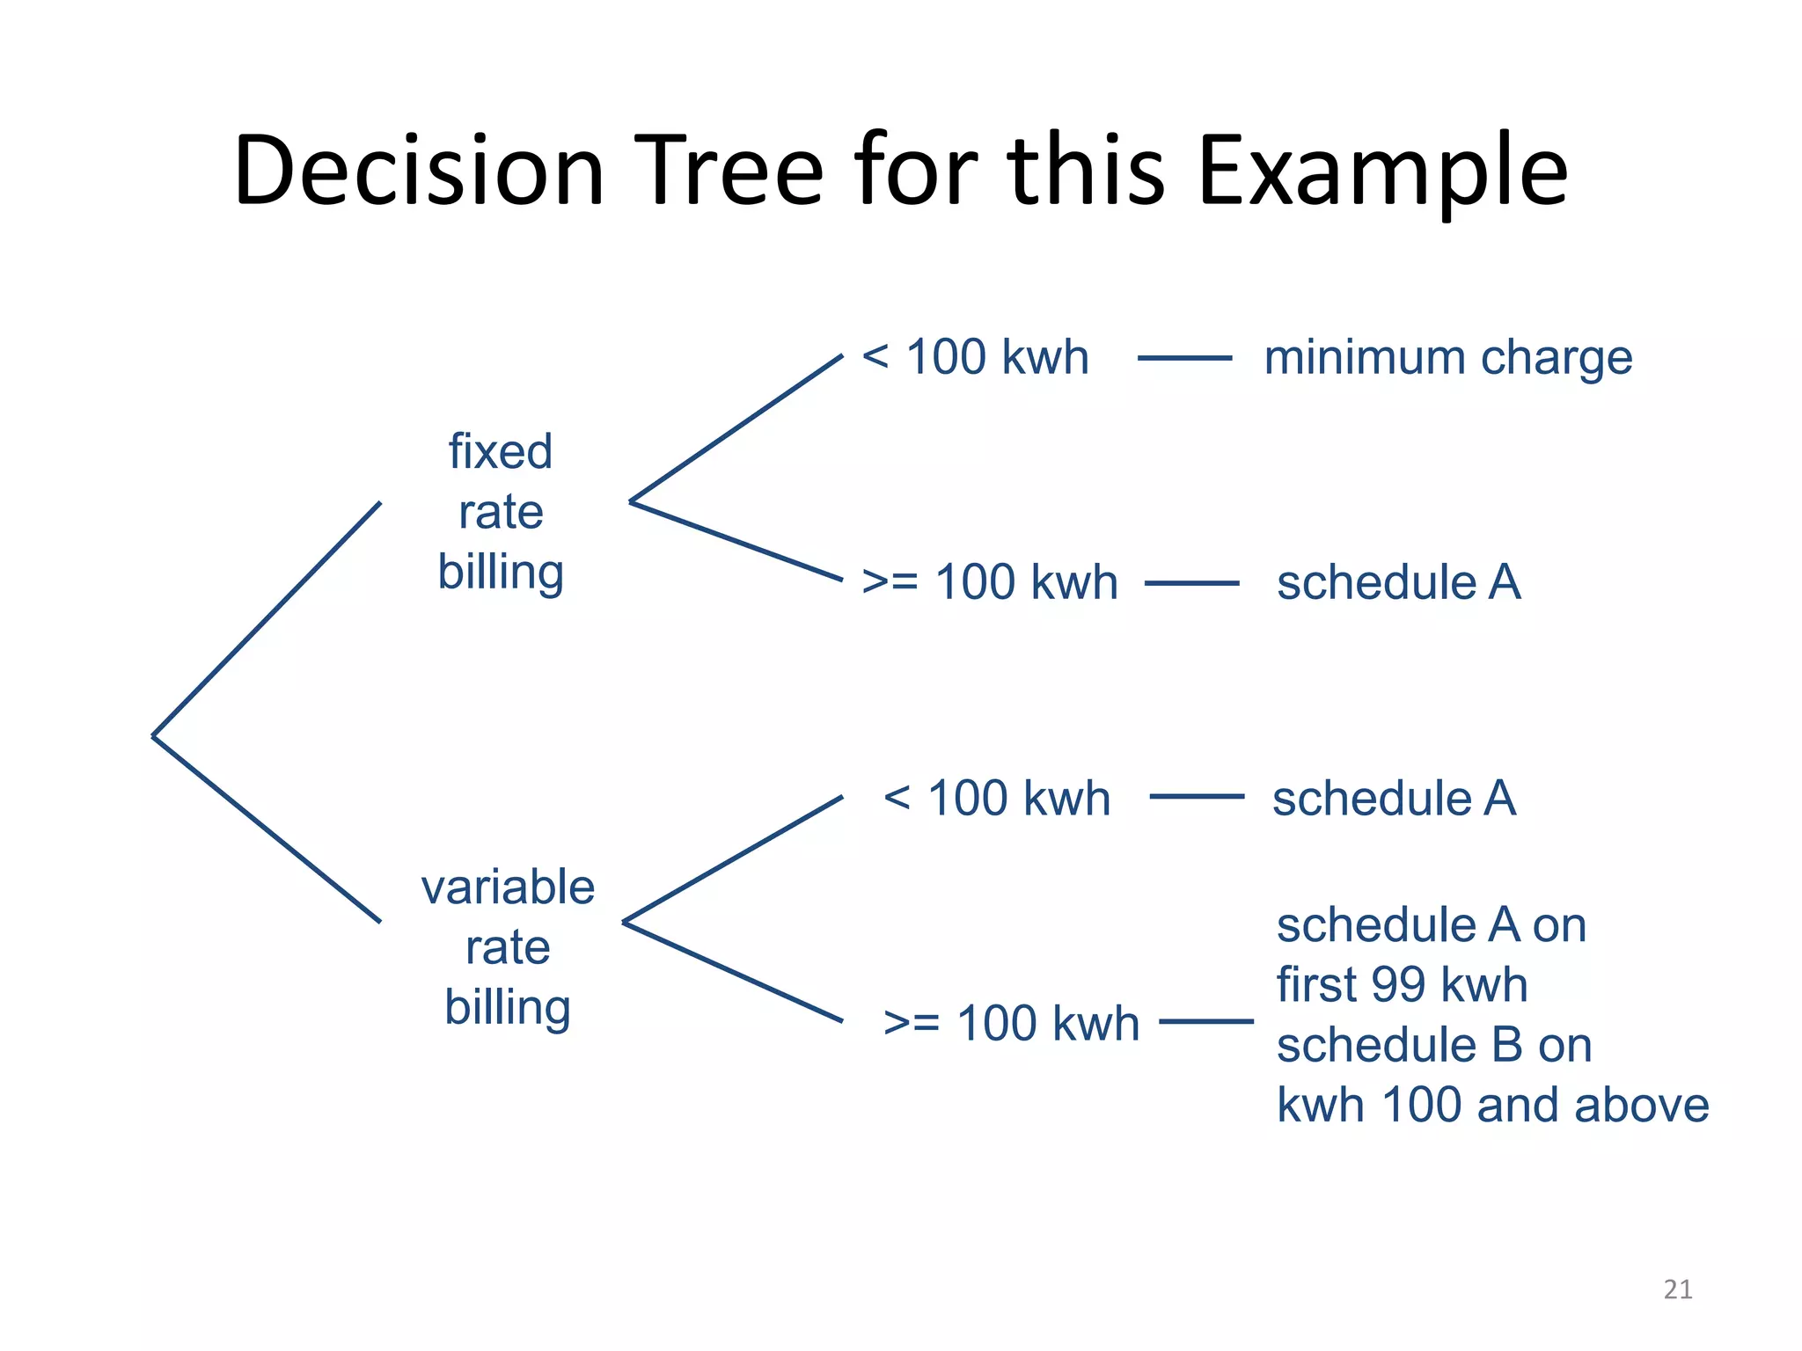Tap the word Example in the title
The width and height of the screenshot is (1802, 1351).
[x=1381, y=172]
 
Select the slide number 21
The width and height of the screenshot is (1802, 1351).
[x=1678, y=1289]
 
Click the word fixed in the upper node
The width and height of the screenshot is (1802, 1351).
[x=501, y=452]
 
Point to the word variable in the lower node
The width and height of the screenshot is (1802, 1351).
[x=508, y=887]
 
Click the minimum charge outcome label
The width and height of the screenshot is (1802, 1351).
[x=1448, y=358]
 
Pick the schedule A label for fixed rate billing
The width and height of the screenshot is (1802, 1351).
[x=1399, y=582]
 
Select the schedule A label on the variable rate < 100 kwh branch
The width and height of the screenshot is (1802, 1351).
[x=1395, y=799]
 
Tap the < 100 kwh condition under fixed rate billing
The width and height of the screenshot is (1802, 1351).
[x=975, y=358]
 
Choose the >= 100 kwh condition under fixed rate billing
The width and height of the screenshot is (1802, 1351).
[x=990, y=582]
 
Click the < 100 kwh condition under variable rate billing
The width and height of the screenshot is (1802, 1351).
[x=997, y=799]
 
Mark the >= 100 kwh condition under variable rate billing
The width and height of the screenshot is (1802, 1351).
[x=1011, y=1024]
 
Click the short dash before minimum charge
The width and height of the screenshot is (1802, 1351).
[x=1184, y=358]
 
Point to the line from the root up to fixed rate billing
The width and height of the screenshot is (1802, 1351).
[x=267, y=619]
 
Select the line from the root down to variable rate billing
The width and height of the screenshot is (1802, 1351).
[x=267, y=829]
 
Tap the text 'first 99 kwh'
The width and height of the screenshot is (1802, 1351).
[x=1402, y=985]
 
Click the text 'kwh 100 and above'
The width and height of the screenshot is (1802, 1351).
[x=1492, y=1106]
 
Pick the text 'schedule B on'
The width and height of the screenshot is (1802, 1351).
[x=1434, y=1046]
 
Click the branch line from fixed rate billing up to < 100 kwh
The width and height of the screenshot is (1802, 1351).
[x=736, y=428]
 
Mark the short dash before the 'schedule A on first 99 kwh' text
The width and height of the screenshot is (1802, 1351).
[x=1206, y=1021]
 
